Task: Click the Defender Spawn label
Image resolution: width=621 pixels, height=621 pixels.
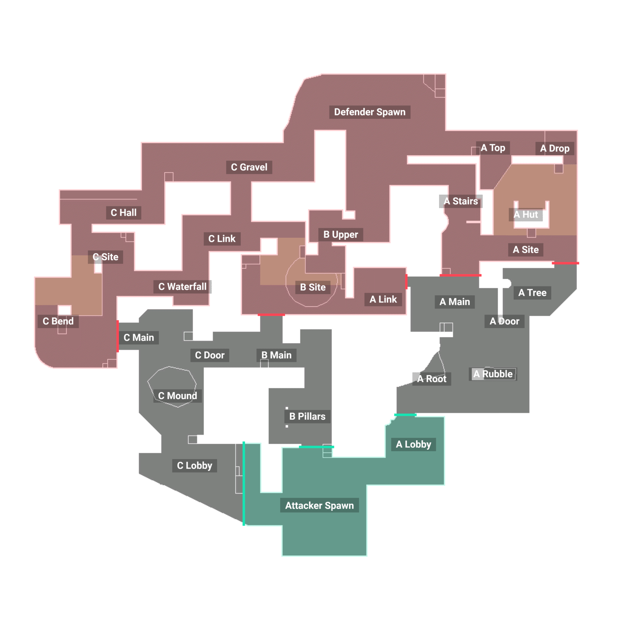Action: click(370, 112)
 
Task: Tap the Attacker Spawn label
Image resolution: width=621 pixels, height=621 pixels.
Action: click(319, 505)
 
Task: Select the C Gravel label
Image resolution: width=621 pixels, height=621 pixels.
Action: click(249, 167)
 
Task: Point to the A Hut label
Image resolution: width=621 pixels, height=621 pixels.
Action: click(526, 214)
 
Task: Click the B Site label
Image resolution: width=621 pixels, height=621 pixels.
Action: click(313, 287)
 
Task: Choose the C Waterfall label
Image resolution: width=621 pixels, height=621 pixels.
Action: click(182, 287)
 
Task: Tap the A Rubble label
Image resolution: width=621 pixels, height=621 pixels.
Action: click(493, 374)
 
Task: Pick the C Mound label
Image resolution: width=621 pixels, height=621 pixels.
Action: click(177, 396)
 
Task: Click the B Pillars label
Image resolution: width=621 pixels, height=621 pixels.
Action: click(307, 416)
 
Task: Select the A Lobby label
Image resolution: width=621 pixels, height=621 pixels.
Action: click(414, 444)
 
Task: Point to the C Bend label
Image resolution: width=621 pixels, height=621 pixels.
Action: click(58, 321)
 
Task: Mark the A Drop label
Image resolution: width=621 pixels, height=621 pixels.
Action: click(555, 148)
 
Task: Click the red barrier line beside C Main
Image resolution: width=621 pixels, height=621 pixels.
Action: click(118, 336)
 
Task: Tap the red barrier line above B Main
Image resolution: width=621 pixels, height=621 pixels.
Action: click(271, 315)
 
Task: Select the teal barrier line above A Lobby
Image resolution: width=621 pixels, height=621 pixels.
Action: click(405, 415)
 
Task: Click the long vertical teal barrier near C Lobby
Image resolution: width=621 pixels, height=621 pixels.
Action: click(244, 484)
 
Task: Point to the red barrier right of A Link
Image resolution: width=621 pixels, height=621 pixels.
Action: click(406, 282)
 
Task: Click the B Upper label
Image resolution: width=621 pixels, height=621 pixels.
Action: click(340, 235)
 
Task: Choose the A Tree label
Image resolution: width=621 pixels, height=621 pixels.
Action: click(532, 293)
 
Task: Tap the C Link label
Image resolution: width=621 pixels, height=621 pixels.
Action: click(222, 239)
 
